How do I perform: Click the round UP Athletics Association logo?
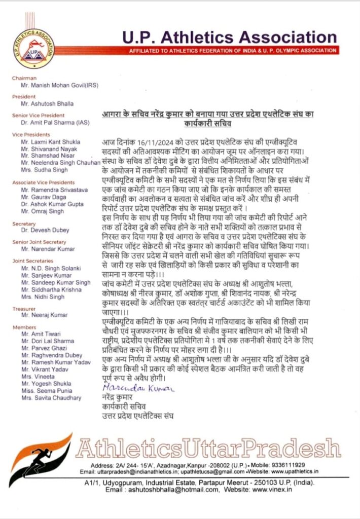(34, 48)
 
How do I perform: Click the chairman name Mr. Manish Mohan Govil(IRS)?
(57, 86)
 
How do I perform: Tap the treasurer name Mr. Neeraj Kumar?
(45, 315)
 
